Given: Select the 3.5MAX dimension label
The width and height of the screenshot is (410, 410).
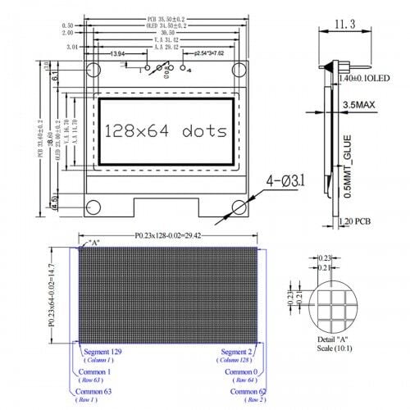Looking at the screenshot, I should point(361,105).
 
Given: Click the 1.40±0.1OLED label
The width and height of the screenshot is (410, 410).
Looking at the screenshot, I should point(365,79).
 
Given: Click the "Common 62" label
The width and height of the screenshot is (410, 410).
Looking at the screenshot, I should point(248,392).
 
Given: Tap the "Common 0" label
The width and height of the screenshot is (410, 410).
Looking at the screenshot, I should point(243,371).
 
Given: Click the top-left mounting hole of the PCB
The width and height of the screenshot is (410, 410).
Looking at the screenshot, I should point(94,71).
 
